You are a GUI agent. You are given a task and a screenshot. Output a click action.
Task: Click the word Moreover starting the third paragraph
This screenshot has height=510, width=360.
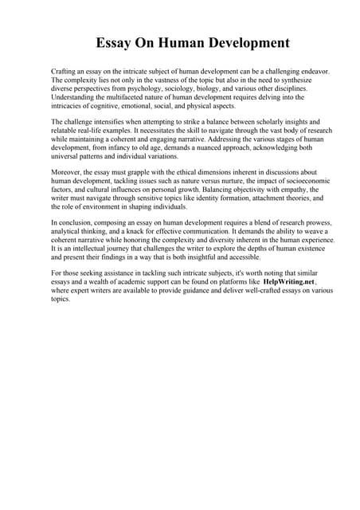click(x=67, y=172)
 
